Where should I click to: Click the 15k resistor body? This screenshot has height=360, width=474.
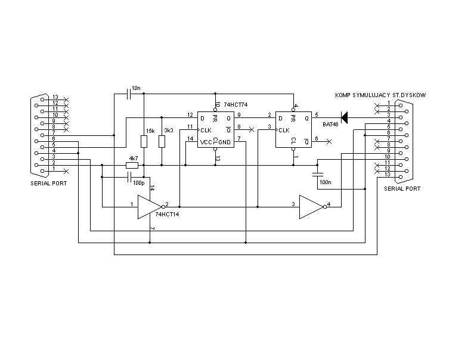(x=144, y=141)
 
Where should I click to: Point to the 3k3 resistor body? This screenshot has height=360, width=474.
(x=162, y=141)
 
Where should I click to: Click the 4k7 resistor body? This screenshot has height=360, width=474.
(x=132, y=165)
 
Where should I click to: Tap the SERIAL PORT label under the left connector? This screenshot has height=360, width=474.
(x=49, y=183)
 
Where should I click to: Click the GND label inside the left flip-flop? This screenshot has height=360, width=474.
(x=224, y=142)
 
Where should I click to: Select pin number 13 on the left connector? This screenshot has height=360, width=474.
(x=55, y=97)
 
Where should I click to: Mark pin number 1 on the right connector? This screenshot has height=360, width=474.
(x=388, y=103)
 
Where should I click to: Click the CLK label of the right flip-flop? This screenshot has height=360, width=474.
(x=283, y=129)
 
